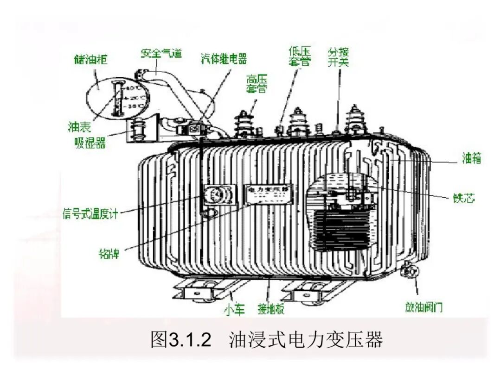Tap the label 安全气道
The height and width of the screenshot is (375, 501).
pos(161,53)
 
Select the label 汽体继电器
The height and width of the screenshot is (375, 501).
pos(224,59)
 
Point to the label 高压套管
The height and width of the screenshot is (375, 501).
pos(257,84)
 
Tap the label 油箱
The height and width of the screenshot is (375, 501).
pos(471,159)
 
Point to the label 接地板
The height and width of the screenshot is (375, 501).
pos(271,309)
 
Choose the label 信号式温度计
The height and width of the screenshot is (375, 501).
pos(90,214)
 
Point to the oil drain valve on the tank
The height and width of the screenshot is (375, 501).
pos(409,269)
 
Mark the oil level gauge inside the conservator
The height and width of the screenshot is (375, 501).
pos(117,98)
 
